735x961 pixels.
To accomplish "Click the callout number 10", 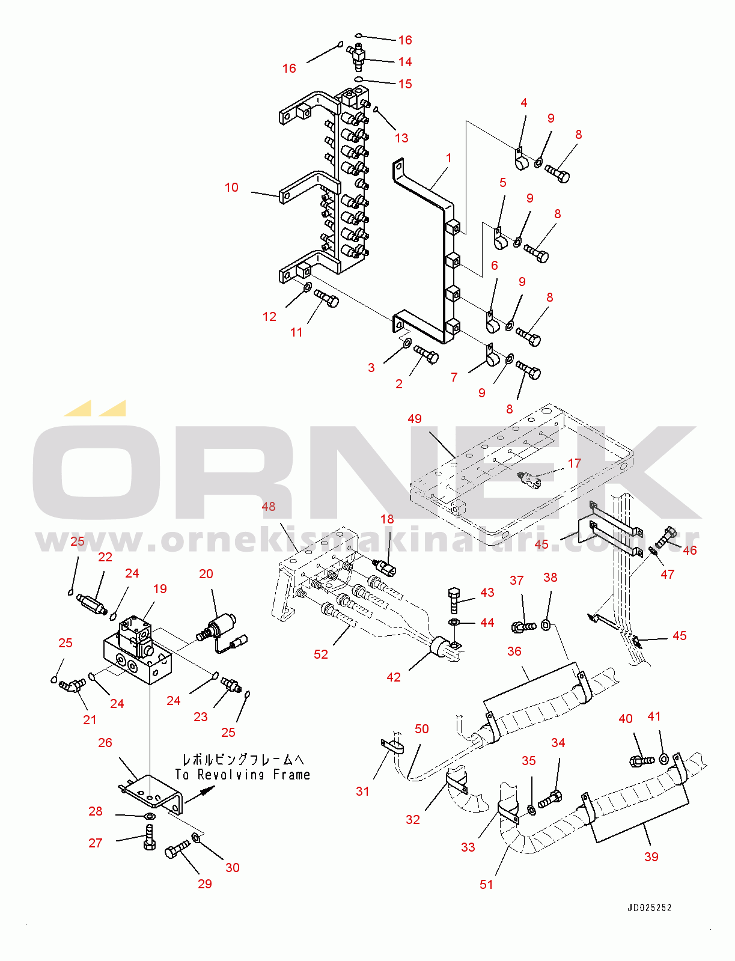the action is click(231, 188).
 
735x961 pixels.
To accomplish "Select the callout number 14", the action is click(405, 62).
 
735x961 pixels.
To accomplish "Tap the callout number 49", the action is click(415, 418).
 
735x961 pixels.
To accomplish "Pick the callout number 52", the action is click(320, 654).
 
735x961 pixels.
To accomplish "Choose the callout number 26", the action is click(105, 742).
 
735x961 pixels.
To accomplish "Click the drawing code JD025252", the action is click(649, 908).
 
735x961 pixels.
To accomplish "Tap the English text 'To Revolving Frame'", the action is click(243, 775).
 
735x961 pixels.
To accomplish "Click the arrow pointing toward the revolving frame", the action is click(200, 794).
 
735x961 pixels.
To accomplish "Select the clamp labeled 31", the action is click(392, 745).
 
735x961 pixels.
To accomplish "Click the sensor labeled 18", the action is click(385, 565).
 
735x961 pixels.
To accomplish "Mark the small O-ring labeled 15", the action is click(358, 79).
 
